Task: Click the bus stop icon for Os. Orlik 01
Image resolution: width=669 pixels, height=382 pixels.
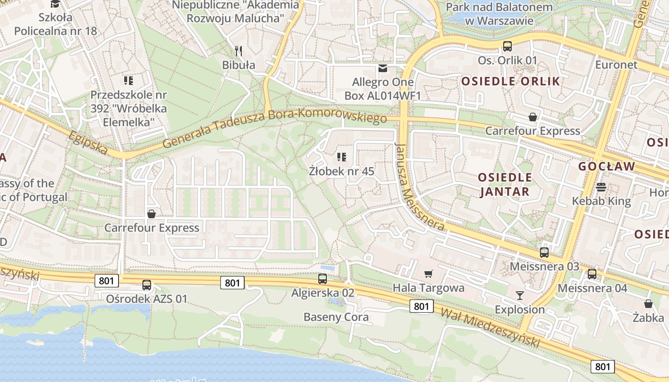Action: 507,46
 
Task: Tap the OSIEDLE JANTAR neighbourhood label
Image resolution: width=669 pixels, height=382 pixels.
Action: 505,184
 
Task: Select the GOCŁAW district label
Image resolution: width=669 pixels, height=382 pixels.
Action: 606,167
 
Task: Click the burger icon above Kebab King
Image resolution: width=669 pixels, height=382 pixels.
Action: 601,187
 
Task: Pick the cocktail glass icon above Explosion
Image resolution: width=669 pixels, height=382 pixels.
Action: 520,296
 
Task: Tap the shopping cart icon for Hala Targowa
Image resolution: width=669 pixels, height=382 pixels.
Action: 429,274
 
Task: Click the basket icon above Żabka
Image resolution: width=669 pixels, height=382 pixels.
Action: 648,304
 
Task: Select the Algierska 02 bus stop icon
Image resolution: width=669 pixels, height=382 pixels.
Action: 323,278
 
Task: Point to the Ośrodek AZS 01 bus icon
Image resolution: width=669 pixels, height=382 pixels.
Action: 147,285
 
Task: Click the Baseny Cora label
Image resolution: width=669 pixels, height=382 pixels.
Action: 336,317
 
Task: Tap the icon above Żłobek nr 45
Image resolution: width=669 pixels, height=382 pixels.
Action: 341,157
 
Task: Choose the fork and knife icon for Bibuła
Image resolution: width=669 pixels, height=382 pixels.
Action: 239,51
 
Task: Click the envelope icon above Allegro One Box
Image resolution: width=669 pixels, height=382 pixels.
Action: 383,68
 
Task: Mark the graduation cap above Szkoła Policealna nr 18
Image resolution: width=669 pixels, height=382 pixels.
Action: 55,4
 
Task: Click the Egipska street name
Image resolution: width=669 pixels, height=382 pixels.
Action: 88,143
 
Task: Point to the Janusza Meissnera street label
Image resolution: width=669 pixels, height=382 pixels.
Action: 419,187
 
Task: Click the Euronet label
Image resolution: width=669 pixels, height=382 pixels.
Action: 616,64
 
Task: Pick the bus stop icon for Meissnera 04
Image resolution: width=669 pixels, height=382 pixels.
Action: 592,274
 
